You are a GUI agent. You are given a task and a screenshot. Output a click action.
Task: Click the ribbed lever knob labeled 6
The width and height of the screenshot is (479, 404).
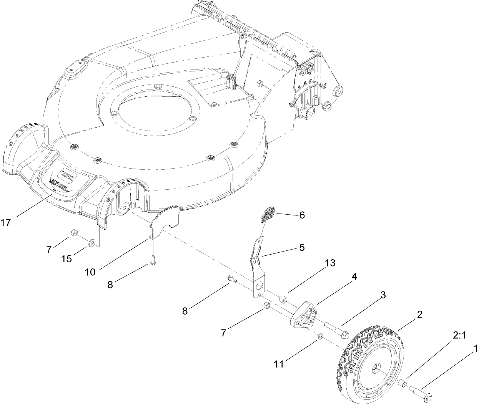pos(268,214)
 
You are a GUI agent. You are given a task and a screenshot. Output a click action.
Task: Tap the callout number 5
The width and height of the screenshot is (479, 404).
pos(302,248)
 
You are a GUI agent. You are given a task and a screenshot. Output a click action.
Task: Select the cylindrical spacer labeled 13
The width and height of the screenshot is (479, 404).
pos(284,298)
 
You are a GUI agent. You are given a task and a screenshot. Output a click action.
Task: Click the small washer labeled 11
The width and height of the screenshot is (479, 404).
pos(320,337)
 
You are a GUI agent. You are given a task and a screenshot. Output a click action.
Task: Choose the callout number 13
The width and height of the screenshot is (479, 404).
pos(329,263)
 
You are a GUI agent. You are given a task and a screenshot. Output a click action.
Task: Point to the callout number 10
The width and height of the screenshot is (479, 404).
pos(91,272)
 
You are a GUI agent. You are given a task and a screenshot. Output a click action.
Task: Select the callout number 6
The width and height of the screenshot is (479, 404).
pos(302,215)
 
